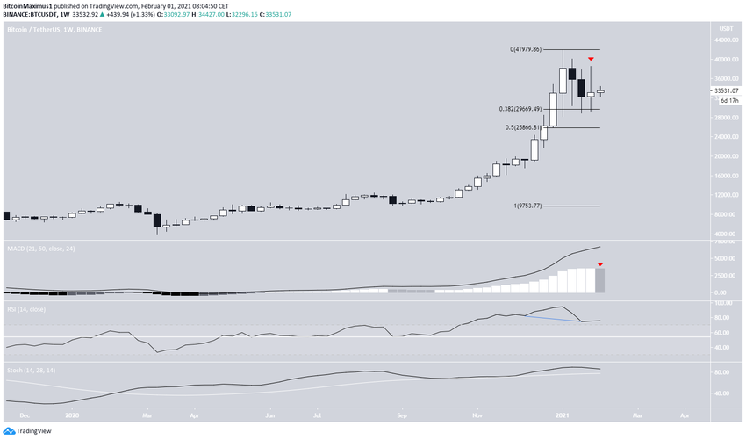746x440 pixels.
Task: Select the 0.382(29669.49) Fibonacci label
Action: tap(526, 109)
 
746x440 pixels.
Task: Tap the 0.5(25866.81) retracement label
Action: tap(526, 128)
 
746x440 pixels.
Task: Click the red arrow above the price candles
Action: tap(591, 59)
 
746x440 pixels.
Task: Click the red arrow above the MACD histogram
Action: tap(600, 263)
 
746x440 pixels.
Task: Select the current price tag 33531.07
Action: tap(726, 90)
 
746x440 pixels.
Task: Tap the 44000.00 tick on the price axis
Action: tap(725, 41)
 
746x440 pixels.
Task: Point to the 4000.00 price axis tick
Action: tap(725, 234)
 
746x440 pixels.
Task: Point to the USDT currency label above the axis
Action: tap(725, 30)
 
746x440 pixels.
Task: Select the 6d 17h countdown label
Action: tap(725, 100)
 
